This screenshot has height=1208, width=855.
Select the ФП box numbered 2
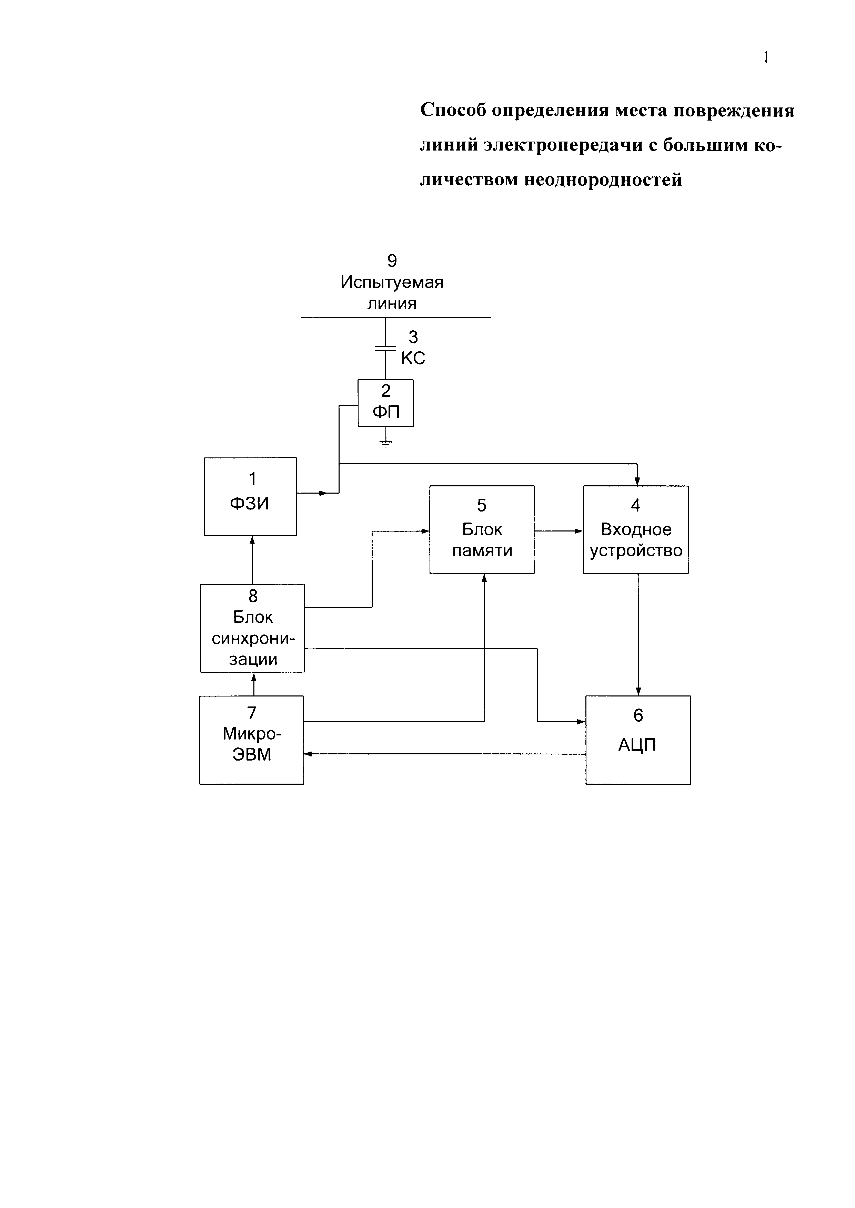[385, 402]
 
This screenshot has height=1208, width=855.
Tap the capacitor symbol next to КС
[385, 348]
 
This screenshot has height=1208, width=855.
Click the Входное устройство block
[635, 529]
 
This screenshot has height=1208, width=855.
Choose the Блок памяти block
[482, 529]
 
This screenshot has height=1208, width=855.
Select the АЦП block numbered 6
[637, 740]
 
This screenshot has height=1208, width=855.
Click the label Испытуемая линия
[392, 292]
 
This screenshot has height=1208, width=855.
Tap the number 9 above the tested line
[392, 260]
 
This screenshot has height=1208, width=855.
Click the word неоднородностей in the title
[603, 180]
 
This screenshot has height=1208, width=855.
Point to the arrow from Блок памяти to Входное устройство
[559, 531]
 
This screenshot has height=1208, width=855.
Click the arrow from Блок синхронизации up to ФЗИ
[252, 560]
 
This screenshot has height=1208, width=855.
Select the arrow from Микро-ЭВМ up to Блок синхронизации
[254, 684]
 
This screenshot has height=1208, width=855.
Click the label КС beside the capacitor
[413, 358]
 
